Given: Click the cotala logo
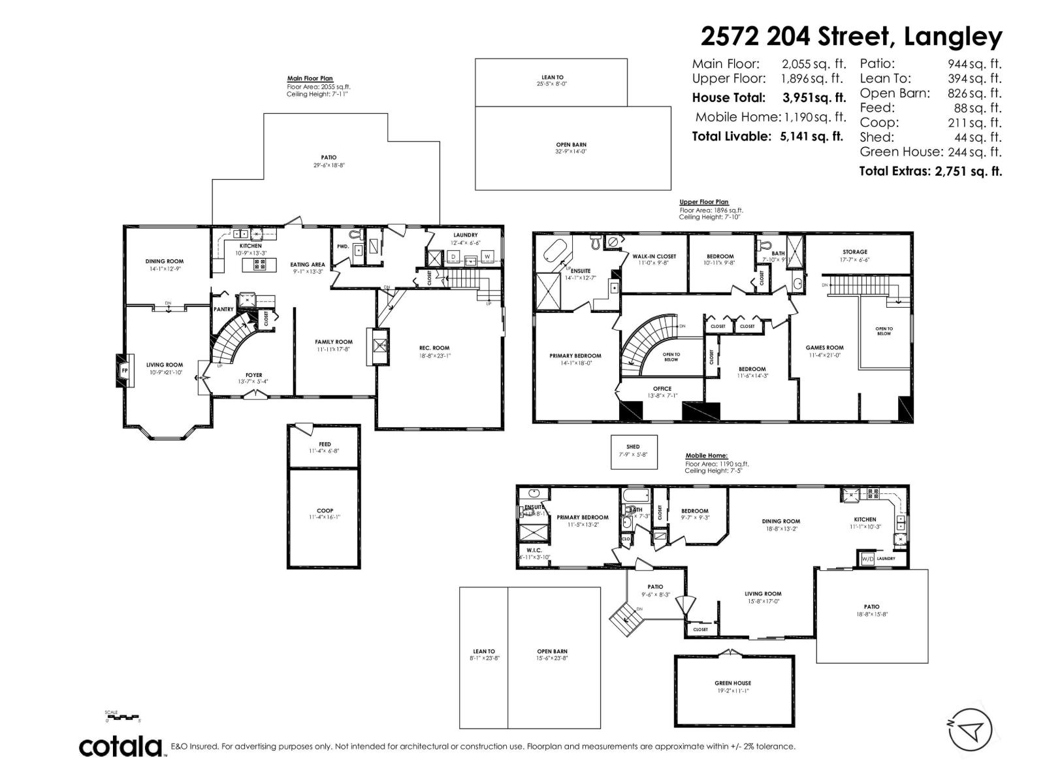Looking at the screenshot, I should tap(121, 746).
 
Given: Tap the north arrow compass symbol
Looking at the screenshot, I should tap(970, 729).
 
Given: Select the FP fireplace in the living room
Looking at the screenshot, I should tap(124, 371).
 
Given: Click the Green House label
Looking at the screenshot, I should tap(732, 683).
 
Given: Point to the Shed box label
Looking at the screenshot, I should tap(632, 447).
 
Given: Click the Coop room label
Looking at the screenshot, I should tap(325, 511).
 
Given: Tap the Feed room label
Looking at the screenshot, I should tap(325, 444).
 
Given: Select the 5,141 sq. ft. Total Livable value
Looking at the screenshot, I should tap(812, 137).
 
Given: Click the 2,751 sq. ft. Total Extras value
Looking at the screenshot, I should tap(964, 171).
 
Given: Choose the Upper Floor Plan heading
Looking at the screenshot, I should tap(703, 202).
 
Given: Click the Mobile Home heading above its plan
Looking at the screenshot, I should tap(706, 456).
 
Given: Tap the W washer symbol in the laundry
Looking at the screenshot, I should tap(487, 257).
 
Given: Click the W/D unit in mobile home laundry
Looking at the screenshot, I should tap(867, 559).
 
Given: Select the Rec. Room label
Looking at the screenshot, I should tap(434, 348).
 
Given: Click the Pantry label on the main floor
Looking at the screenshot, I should tap(223, 310).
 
